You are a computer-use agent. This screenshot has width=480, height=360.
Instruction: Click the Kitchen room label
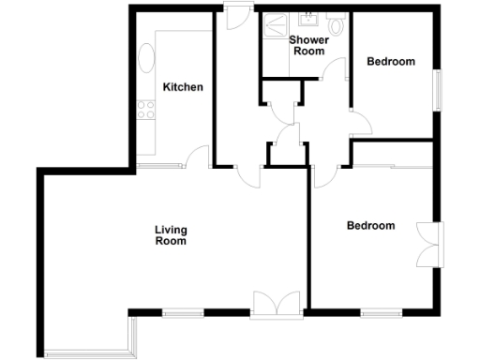point(183,87)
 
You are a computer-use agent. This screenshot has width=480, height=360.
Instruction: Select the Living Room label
point(171,235)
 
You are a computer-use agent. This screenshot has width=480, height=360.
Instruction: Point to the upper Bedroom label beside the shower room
point(390,62)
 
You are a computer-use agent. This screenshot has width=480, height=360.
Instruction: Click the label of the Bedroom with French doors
point(370,226)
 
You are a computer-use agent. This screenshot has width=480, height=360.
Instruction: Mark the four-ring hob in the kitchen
point(146,112)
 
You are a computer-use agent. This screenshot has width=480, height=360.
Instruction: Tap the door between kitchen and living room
point(197,157)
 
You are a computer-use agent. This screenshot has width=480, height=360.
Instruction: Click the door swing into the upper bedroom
point(359,122)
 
